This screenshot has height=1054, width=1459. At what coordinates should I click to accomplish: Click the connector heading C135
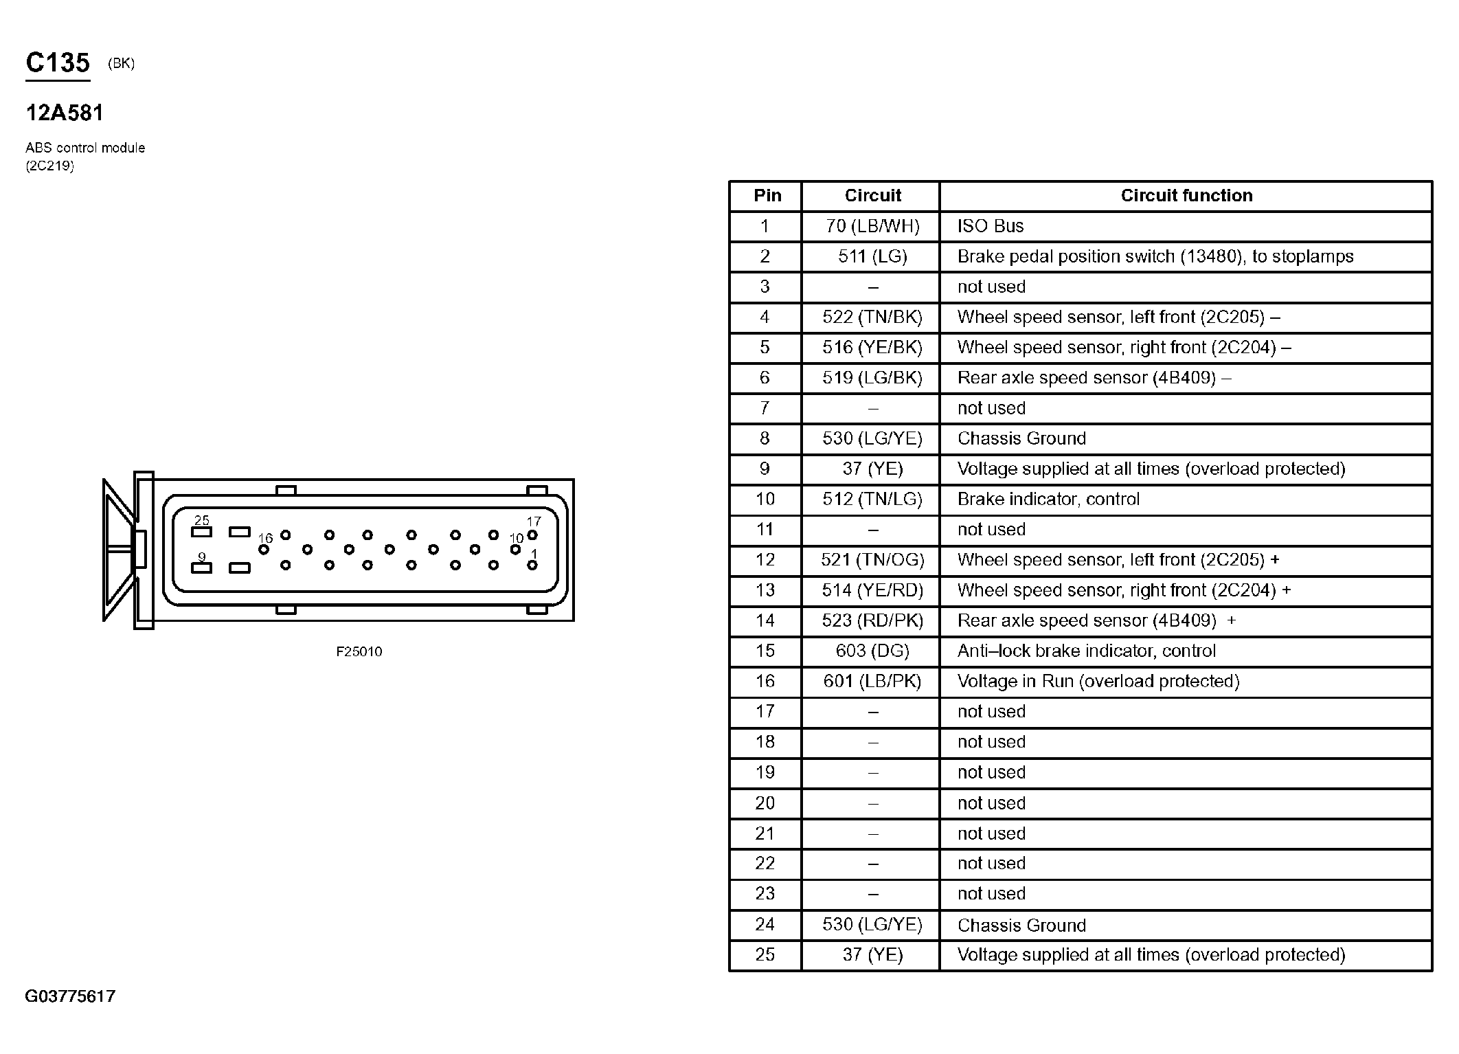[x=58, y=63]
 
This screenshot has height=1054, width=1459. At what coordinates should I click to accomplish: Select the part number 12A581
[x=65, y=113]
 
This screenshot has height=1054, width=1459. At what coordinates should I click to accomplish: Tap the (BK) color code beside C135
[x=122, y=64]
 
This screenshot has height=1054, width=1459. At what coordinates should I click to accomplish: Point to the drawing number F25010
[x=359, y=651]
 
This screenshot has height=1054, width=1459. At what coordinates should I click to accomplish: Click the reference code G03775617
[x=70, y=996]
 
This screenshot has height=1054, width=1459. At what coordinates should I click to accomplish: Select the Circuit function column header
[x=1186, y=196]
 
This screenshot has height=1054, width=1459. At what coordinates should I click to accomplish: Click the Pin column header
[x=767, y=196]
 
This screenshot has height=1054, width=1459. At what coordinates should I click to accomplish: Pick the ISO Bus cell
[x=991, y=226]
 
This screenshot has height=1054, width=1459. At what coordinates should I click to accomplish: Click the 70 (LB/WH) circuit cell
[x=872, y=226]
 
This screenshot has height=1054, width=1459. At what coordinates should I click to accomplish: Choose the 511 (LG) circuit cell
[x=872, y=256]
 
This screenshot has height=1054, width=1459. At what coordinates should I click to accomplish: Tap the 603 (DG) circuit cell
[x=872, y=651]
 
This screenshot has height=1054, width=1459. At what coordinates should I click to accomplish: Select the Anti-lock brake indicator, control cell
[x=1087, y=651]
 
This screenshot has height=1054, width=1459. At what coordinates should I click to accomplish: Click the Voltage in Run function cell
[x=1098, y=681]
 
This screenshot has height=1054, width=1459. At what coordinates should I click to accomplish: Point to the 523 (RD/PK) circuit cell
[x=872, y=620]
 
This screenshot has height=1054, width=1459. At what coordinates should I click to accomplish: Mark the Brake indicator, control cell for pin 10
[x=1048, y=499]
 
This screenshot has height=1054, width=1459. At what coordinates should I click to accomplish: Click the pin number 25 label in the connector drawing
[x=201, y=520]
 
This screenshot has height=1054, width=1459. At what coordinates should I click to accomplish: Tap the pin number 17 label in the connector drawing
[x=534, y=522]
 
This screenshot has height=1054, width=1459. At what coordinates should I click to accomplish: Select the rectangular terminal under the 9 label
[x=201, y=568]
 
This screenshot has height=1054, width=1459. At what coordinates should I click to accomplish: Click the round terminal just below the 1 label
[x=532, y=565]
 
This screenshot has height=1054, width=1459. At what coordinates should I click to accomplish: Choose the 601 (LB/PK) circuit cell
[x=872, y=681]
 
